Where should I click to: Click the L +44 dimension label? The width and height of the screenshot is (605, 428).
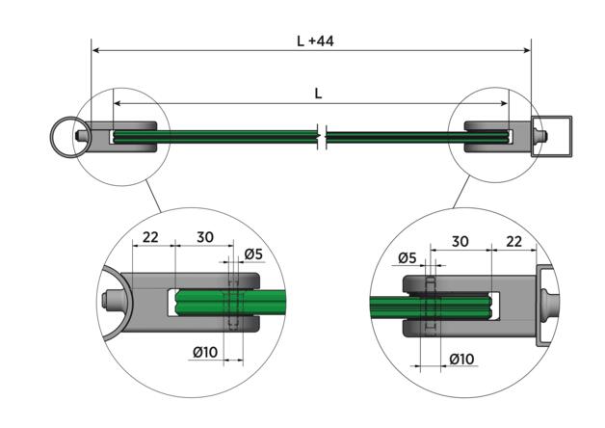click(x=315, y=41)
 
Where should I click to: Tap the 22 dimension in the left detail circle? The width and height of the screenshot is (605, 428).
click(x=150, y=237)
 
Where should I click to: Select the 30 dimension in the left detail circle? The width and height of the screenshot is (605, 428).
click(x=203, y=237)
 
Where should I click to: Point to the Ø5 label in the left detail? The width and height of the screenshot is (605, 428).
click(x=254, y=254)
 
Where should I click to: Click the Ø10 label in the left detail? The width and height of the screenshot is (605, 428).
click(x=203, y=353)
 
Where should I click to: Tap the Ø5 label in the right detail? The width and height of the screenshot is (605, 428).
click(x=407, y=257)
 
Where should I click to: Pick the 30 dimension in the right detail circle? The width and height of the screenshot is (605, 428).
click(x=459, y=241)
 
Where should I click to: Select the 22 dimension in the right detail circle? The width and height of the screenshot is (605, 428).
click(x=513, y=241)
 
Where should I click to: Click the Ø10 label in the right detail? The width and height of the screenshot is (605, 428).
click(x=461, y=360)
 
